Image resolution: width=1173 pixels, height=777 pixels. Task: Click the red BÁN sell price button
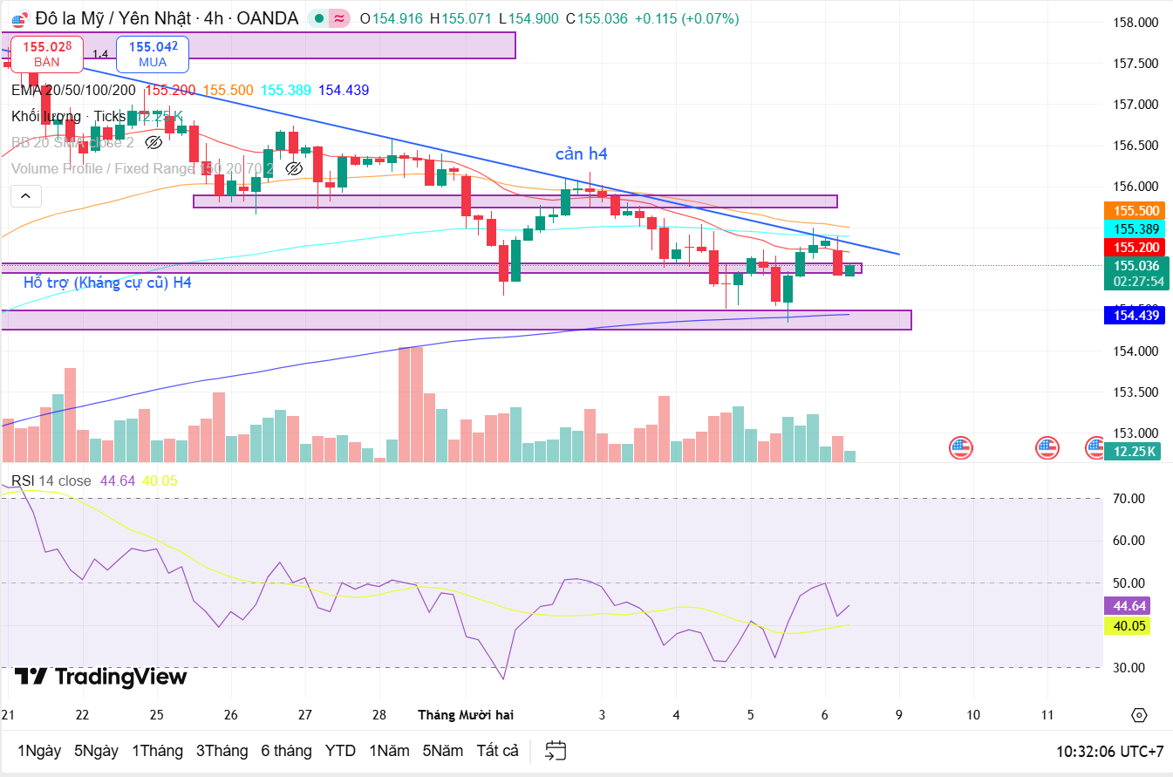[x=47, y=53]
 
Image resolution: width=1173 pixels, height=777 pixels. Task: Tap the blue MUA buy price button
[x=153, y=53]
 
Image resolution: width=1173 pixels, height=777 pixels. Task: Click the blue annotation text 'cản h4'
[x=582, y=154]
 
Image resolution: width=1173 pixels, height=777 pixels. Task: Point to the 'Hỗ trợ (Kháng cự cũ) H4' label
[x=107, y=283]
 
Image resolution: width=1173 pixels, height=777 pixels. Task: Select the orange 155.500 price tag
[x=1136, y=210]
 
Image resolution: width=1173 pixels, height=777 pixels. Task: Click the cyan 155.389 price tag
[x=1136, y=228]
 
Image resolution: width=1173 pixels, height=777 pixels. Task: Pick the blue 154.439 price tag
[x=1136, y=315]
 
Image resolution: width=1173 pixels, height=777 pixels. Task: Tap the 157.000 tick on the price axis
[x=1138, y=105]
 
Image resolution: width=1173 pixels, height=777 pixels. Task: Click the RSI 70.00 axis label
[x=1131, y=499]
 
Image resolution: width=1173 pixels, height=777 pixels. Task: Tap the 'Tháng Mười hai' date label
[x=466, y=715]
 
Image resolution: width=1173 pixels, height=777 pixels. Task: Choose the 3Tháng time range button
[x=222, y=751]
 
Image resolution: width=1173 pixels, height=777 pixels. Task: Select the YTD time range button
[x=340, y=751]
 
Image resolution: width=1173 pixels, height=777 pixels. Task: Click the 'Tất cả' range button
[x=497, y=751]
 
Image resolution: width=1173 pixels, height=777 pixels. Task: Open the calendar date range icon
[x=556, y=750]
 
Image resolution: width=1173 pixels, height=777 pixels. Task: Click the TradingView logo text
[x=101, y=677]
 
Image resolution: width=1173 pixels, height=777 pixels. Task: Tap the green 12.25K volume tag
[x=1131, y=451]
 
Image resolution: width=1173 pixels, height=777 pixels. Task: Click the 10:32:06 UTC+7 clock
[x=1109, y=751]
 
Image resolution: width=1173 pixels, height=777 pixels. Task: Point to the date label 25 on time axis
[x=156, y=715]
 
